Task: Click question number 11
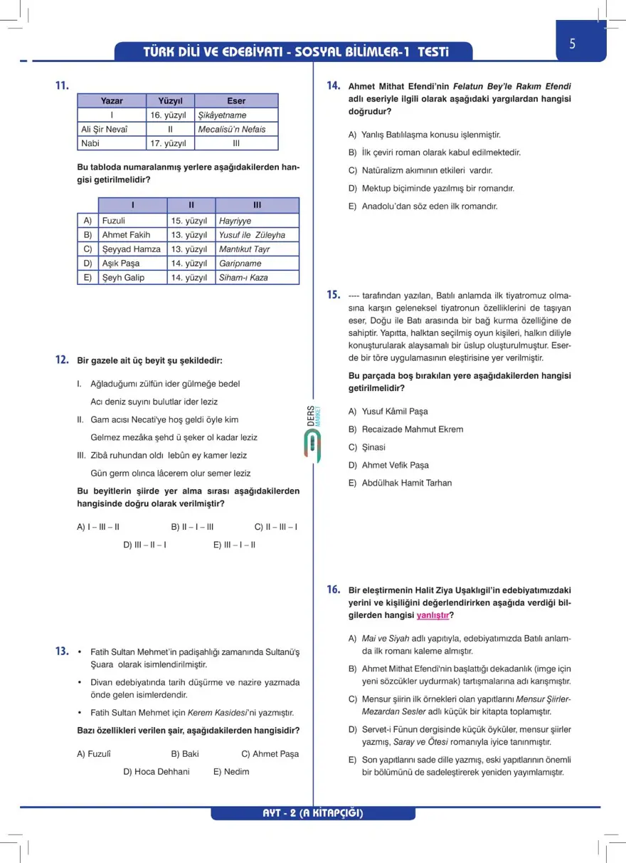tap(62, 86)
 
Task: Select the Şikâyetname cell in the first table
tap(222, 115)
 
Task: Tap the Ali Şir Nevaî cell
tap(104, 130)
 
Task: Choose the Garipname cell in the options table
tap(240, 263)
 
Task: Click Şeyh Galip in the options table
tap(123, 278)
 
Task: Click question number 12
tap(62, 360)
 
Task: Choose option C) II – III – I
tap(276, 528)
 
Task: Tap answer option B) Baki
tap(185, 754)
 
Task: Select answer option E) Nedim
tap(231, 772)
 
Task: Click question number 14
tap(334, 86)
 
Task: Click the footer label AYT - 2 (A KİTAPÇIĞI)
tap(313, 813)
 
